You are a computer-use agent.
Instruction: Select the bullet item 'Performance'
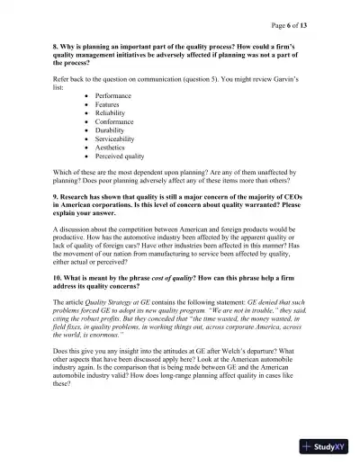pyautogui.click(x=112, y=95)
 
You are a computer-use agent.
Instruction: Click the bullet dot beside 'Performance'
pyautogui.click(x=86, y=95)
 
